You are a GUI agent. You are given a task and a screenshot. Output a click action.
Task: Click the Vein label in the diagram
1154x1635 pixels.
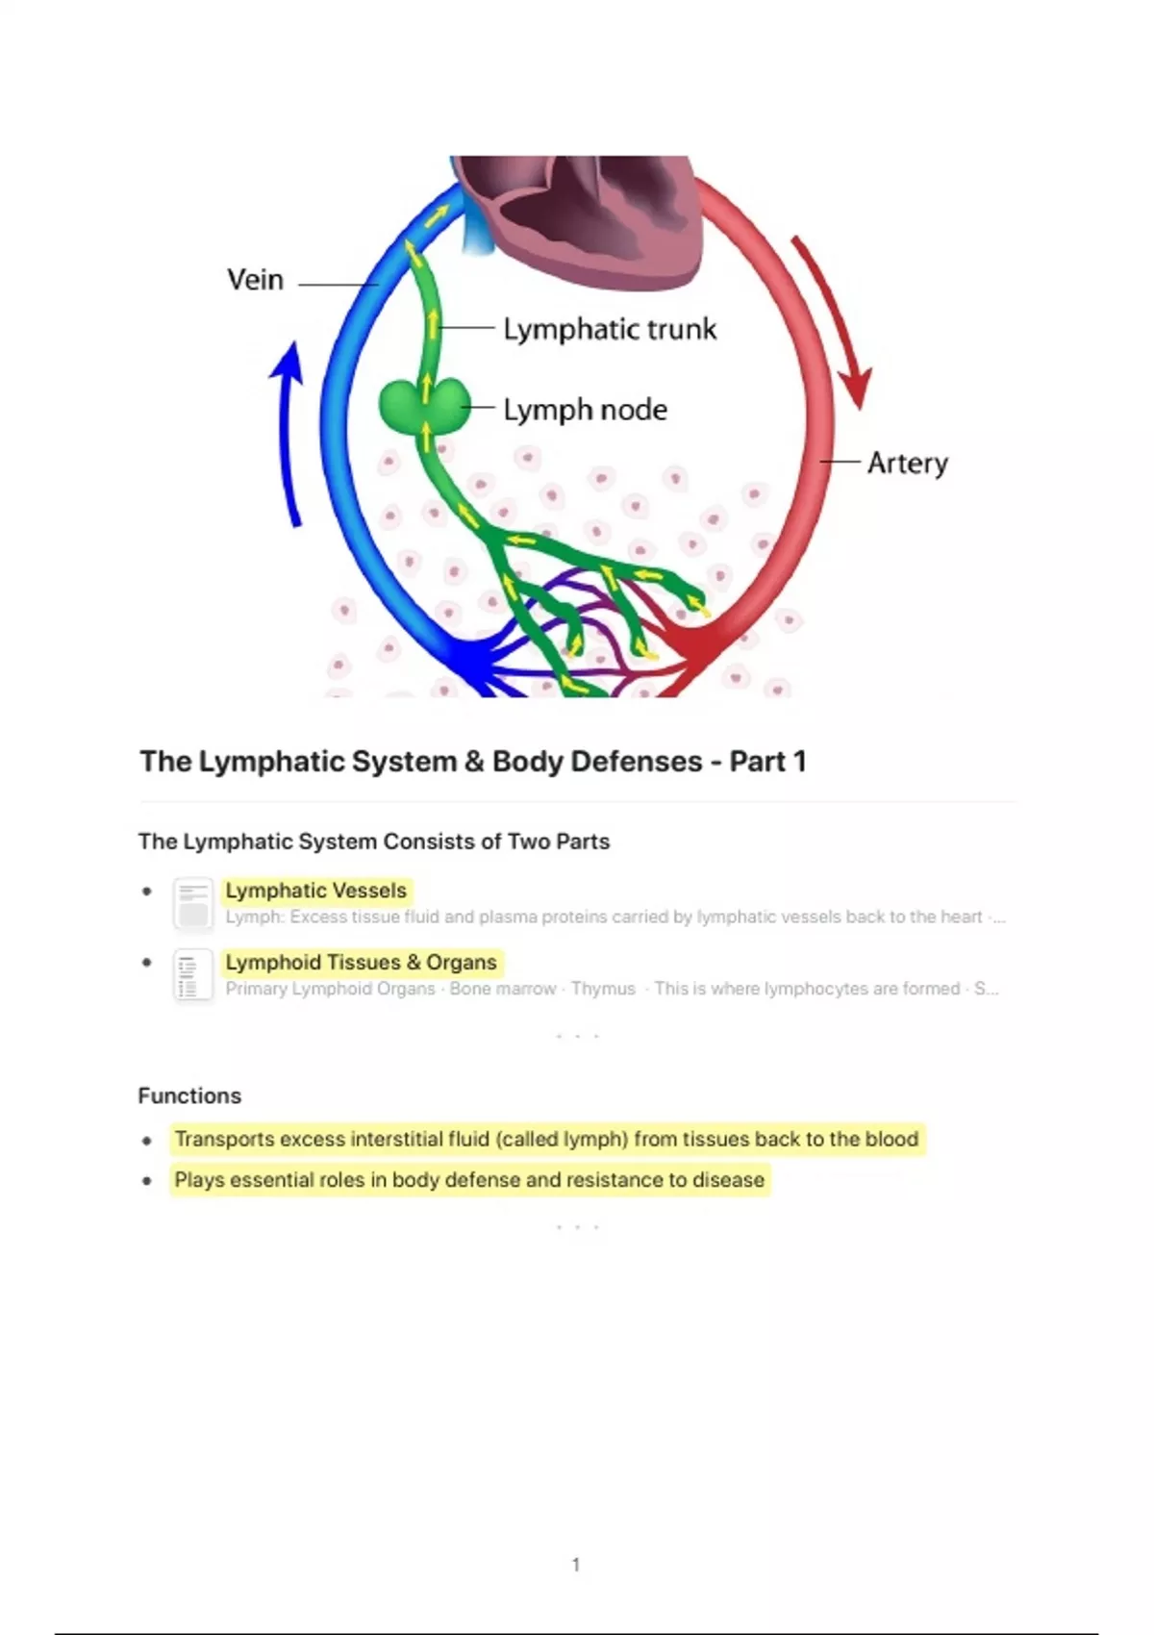coord(255,280)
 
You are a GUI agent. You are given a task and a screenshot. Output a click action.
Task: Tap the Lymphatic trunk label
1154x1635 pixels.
coord(610,329)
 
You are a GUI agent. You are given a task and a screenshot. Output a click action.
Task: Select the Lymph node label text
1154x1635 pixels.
coord(585,410)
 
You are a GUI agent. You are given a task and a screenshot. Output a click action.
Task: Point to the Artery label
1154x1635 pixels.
coord(907,464)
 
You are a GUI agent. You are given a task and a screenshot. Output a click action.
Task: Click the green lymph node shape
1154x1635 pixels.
coord(425,406)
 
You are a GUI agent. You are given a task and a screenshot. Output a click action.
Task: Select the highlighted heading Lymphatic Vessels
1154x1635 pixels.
coord(315,891)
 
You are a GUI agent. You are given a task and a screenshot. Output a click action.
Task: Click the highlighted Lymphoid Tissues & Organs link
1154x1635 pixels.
coord(361,962)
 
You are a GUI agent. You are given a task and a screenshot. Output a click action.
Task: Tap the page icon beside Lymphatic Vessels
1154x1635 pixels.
coord(193,903)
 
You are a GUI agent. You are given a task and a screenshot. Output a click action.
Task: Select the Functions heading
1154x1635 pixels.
coord(189,1095)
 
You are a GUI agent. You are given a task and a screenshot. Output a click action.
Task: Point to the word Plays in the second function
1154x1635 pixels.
coord(198,1180)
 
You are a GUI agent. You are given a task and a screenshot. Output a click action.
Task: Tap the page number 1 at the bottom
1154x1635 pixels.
coord(576,1565)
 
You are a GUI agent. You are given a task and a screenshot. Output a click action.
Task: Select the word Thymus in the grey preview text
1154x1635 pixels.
coord(603,989)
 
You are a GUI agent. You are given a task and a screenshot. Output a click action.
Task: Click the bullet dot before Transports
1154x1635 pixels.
coord(146,1141)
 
